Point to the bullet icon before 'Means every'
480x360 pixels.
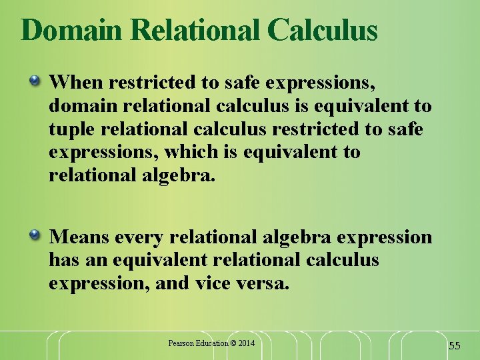[35, 235]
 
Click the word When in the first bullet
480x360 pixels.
[76, 83]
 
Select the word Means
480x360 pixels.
[80, 236]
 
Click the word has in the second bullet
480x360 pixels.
[63, 259]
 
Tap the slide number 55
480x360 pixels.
[455, 345]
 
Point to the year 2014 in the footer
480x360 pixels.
[247, 343]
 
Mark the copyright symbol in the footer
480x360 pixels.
[233, 343]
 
